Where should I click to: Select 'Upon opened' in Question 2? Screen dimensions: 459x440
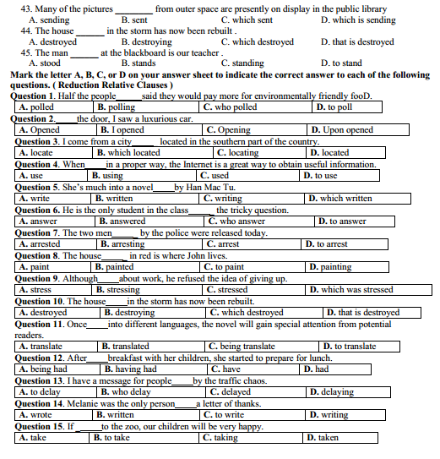(341, 130)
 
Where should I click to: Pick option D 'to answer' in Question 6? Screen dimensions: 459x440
(341, 221)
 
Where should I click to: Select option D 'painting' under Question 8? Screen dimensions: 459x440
(330, 267)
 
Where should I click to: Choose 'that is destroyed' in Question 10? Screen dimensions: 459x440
(363, 313)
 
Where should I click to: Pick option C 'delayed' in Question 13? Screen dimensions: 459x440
(230, 392)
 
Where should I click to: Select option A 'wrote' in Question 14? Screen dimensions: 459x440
(35, 415)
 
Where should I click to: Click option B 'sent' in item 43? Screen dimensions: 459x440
(134, 19)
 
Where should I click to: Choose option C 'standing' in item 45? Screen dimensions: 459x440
(242, 63)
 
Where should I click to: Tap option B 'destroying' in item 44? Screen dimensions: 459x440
(146, 41)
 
